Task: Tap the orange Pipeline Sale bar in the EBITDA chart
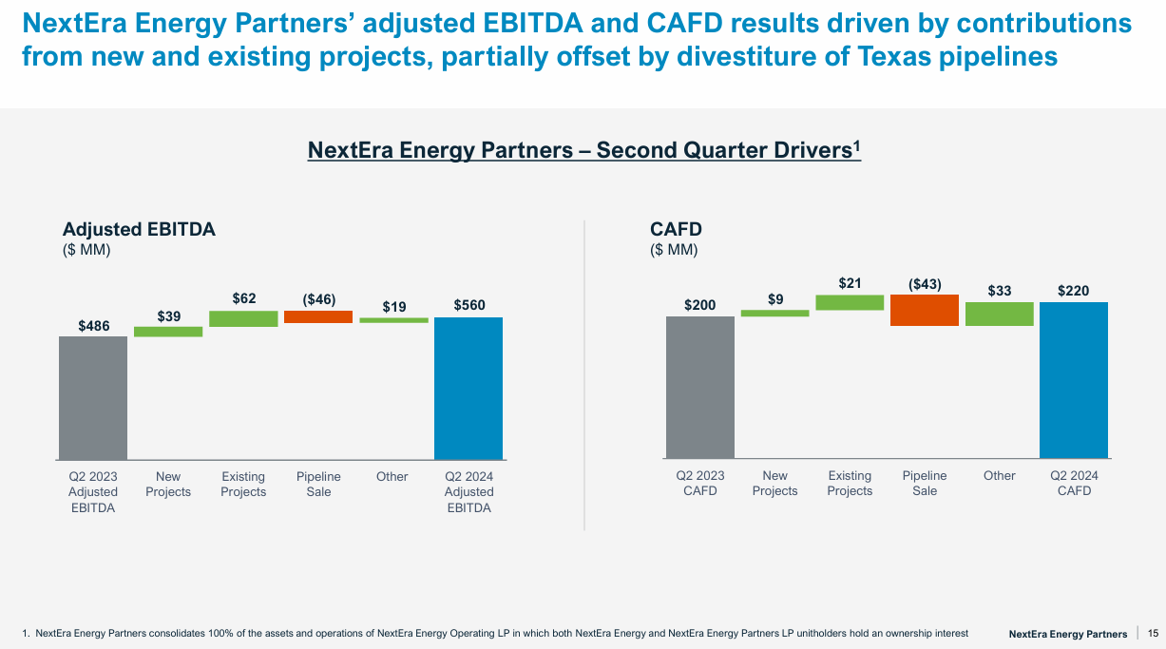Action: coord(318,316)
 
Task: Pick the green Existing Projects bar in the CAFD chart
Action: coord(850,302)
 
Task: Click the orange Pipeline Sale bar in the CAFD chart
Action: coord(925,310)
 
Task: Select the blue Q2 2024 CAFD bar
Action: coord(1074,380)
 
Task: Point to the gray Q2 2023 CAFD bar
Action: coord(700,387)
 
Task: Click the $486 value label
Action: coord(94,326)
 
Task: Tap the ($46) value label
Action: coord(318,299)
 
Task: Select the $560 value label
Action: coord(468,306)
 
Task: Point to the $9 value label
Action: coord(775,299)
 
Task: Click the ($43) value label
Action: coord(925,283)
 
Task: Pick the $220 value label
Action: coord(1074,291)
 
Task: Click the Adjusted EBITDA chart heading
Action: coord(139,229)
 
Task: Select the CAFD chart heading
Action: coord(676,229)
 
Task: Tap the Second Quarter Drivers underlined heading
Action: coord(583,150)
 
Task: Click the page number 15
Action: coord(1153,633)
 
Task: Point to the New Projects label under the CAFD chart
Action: coord(774,483)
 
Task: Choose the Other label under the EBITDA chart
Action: coord(392,476)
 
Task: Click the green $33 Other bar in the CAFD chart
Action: coord(1000,314)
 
